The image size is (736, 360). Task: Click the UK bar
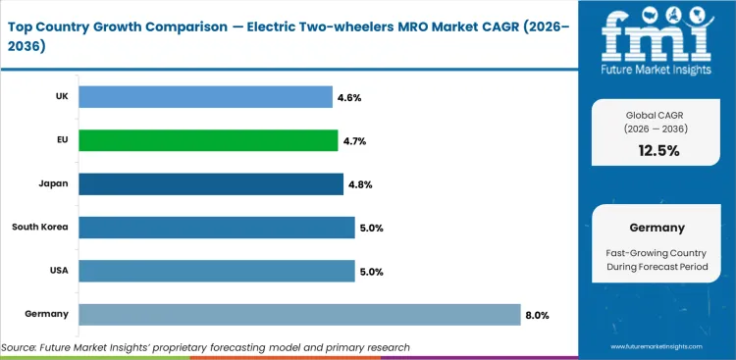205,96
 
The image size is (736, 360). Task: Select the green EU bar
208,140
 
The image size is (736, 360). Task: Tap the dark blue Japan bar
211,183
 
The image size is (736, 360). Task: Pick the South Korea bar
216,228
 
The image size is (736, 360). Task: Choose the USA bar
216,271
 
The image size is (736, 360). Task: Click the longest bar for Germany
299,314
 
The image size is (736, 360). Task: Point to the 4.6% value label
351,97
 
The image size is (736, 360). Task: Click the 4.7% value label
356,140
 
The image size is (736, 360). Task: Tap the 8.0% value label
539,315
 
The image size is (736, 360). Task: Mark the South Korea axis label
39,228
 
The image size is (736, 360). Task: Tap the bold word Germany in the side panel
656,228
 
